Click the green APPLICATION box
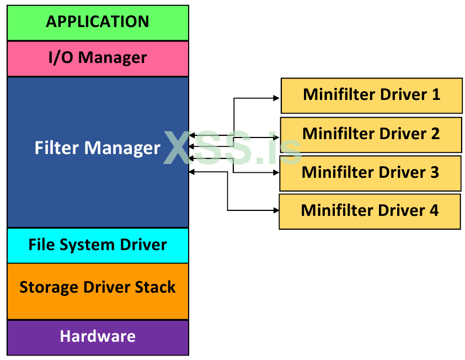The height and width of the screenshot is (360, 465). [98, 23]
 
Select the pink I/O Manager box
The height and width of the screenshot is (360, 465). [98, 58]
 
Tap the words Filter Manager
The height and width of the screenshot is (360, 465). [97, 148]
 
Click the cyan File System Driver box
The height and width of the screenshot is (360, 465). [98, 245]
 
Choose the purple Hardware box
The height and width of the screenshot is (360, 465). [98, 337]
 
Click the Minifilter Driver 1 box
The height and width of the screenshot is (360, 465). [371, 95]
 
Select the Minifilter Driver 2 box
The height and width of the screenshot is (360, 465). [371, 134]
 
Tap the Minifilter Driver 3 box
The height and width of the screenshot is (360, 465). [370, 173]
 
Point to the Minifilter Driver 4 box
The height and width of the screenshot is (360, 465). [370, 211]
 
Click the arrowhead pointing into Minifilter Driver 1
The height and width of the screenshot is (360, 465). [277, 98]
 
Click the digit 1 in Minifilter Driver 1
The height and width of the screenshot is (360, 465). [436, 94]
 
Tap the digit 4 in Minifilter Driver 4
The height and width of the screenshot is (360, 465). [434, 210]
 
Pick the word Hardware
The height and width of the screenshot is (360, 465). [98, 336]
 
